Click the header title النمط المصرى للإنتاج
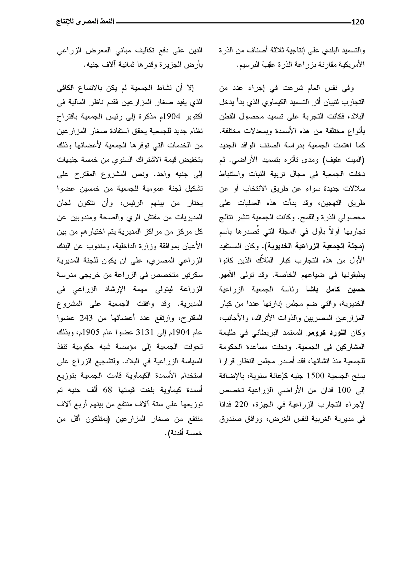[x=85, y=22]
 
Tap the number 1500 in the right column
[x=316, y=376]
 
